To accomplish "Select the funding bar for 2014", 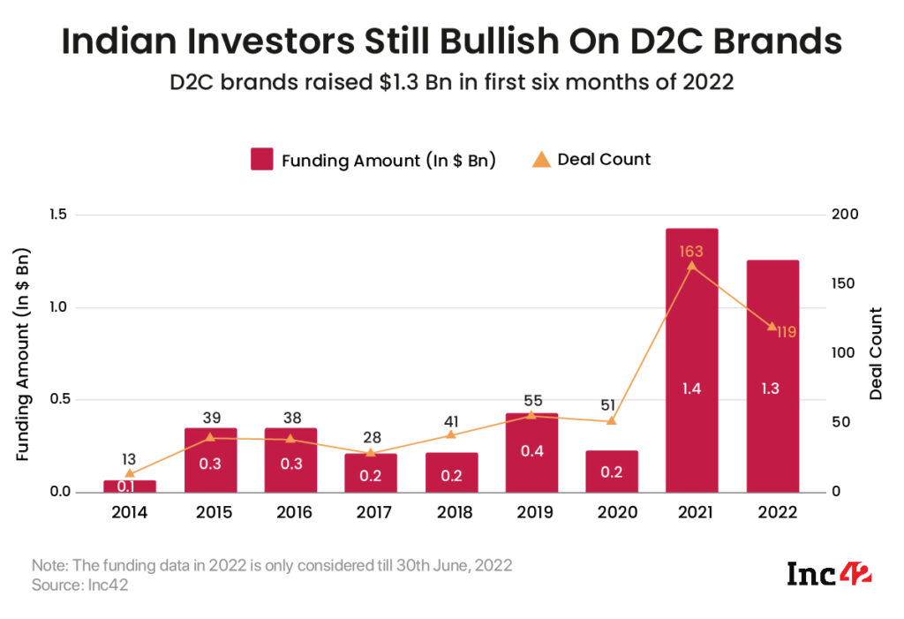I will (130, 487).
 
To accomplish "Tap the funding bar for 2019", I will (531, 452).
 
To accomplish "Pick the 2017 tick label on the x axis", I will (371, 513).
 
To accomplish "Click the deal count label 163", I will (691, 253).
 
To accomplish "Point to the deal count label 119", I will (781, 332).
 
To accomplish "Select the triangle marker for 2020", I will (611, 421).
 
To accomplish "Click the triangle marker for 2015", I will (210, 437).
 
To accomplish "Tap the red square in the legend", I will (261, 160).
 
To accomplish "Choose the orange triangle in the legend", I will (540, 159).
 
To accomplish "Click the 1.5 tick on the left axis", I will (60, 215).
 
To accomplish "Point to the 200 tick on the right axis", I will (844, 215).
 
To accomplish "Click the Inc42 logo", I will (829, 575).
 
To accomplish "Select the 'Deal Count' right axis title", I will (876, 353).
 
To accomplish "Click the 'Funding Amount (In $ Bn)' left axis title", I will (24, 354).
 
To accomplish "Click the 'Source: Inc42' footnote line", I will (79, 585).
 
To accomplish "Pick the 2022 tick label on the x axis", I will (772, 513).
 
